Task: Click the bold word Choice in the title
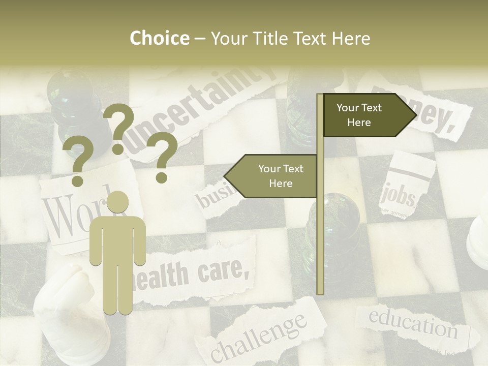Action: point(159,38)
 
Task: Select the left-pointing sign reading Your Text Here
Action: point(274,176)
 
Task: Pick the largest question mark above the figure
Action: point(119,127)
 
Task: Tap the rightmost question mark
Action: point(162,157)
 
